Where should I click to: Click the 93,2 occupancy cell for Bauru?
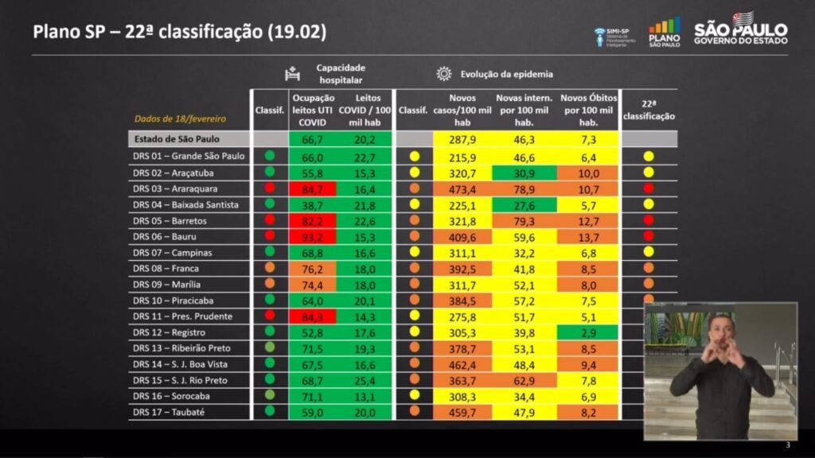312,236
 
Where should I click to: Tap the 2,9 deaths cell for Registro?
589,332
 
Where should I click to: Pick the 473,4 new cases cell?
462,188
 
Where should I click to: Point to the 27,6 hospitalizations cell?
524,204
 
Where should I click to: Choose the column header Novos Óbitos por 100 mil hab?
589,110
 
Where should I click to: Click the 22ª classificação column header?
649,110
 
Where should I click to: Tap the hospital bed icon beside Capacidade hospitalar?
293,74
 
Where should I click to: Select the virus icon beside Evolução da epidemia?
443,74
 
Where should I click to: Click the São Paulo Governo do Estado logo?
740,29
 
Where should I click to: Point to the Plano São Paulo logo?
665,33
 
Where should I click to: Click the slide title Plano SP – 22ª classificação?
179,32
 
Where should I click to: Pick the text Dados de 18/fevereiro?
180,118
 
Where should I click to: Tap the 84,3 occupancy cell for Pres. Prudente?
312,316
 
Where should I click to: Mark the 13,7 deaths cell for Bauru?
589,236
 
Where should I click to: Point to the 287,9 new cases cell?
462,139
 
